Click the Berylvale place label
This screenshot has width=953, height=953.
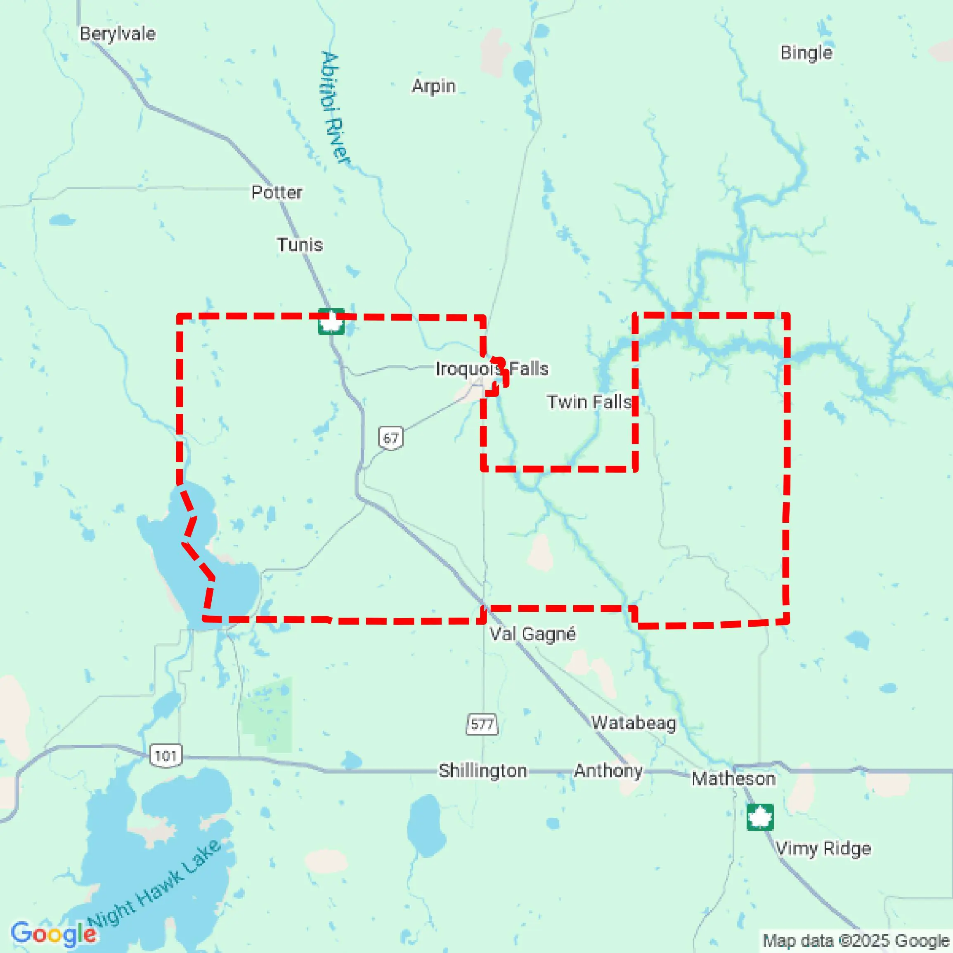118,33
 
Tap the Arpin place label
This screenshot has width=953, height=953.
433,86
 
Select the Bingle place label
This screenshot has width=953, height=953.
806,53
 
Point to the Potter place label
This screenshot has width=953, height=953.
277,192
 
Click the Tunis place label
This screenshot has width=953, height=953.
300,245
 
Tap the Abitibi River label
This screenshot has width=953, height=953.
334,108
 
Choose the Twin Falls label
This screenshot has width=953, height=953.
589,402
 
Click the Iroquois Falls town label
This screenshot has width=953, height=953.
492,368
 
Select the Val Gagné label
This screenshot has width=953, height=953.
532,634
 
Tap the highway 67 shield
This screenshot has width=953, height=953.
391,438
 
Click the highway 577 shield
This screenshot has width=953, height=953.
482,724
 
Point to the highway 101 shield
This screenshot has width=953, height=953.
166,756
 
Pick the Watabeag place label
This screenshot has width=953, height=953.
634,723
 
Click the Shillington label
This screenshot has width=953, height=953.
482,771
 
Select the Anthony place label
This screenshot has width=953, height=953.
608,771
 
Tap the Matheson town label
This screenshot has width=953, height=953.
733,779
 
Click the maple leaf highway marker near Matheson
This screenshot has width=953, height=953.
759,817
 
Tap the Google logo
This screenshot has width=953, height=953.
53,934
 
